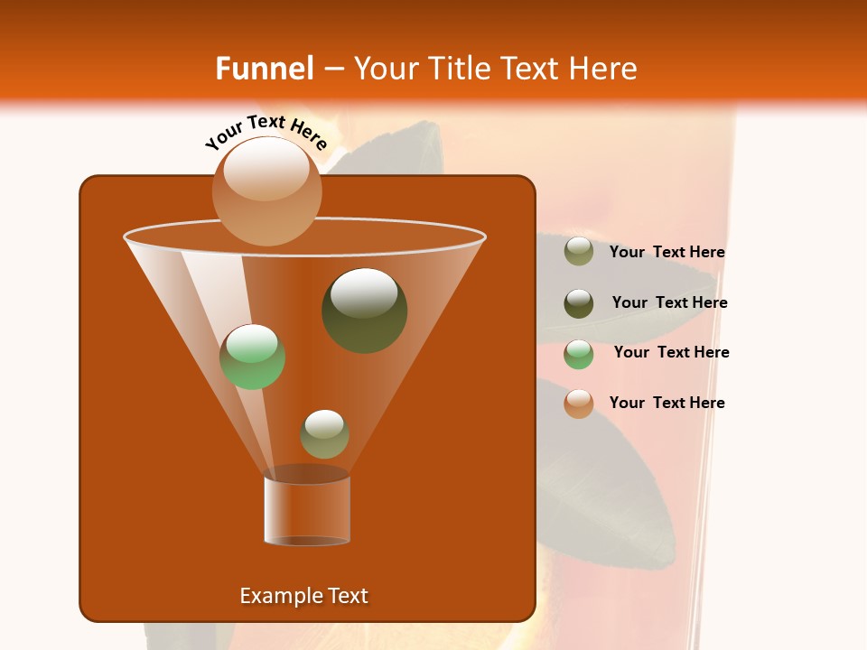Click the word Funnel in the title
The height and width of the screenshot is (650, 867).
click(x=264, y=68)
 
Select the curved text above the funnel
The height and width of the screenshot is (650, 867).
click(x=266, y=132)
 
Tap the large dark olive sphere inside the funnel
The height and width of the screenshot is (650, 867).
click(x=364, y=310)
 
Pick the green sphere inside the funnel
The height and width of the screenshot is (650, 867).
click(x=252, y=357)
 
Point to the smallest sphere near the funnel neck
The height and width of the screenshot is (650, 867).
click(x=324, y=433)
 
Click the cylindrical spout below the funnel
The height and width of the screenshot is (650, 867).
click(x=306, y=510)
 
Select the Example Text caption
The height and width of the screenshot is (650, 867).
click(x=303, y=596)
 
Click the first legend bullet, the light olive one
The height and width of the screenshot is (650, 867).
click(x=578, y=252)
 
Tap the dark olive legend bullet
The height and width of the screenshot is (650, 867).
click(x=578, y=303)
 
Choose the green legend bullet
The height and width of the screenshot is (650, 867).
click(x=578, y=354)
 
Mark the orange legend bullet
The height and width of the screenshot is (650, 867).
click(x=578, y=404)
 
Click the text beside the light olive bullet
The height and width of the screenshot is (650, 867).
click(x=667, y=252)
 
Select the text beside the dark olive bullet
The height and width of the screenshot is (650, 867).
click(x=669, y=302)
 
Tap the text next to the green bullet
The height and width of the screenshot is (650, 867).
click(x=671, y=352)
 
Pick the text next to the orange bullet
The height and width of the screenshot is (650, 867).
click(x=667, y=403)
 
